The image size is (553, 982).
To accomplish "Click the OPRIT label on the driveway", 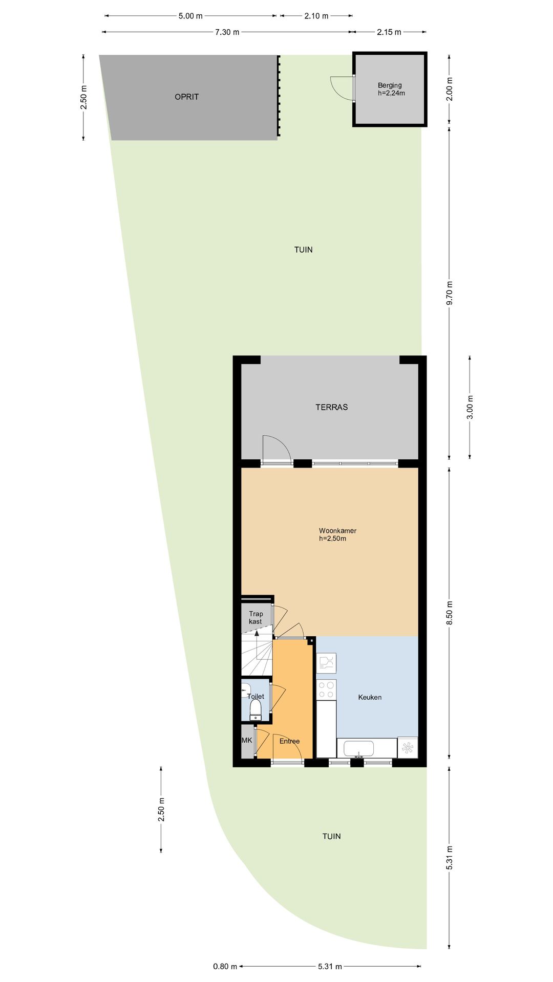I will (x=186, y=97).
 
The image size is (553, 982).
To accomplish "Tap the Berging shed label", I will (x=390, y=89).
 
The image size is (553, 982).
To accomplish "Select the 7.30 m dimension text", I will (x=227, y=32).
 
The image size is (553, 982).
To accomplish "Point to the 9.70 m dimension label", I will (x=450, y=293).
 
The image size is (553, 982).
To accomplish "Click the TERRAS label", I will (x=331, y=407).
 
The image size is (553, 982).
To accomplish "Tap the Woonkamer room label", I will (x=337, y=534).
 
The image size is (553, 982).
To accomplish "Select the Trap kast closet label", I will (x=256, y=617).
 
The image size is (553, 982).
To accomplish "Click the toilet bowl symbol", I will (x=256, y=709).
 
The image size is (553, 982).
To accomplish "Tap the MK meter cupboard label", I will (x=247, y=740).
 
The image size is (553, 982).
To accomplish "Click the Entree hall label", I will (x=289, y=741).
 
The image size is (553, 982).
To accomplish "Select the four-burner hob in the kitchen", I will (x=326, y=689).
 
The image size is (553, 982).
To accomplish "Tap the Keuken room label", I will (x=370, y=697).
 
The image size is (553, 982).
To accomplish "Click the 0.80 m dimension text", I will (x=225, y=966).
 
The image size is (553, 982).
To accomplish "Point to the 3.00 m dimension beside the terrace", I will (x=470, y=407).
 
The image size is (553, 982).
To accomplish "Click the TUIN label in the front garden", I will (x=331, y=836).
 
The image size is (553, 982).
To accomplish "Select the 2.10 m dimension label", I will (x=316, y=16).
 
